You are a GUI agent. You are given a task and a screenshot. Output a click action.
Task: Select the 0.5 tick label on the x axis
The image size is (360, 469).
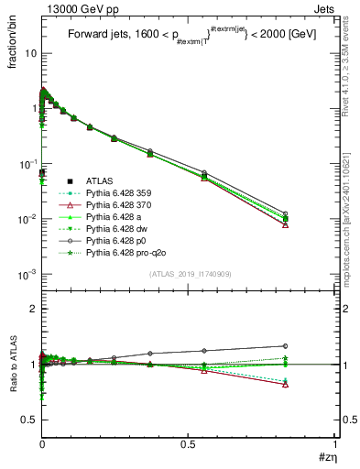(x=189, y=443)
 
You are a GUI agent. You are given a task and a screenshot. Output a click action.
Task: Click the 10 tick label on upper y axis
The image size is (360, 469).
(x=30, y=53)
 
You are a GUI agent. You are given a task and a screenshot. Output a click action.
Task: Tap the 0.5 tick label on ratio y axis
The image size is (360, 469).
(x=28, y=420)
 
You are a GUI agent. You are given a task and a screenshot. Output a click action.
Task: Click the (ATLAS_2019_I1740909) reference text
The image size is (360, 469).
(x=190, y=275)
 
